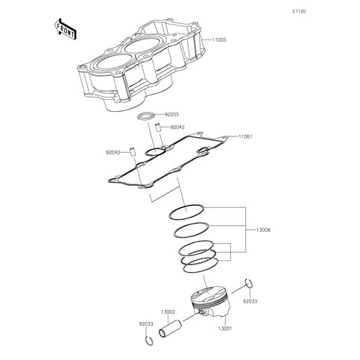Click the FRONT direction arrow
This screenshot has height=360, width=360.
[65, 29]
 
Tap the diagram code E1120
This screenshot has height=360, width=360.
[299, 11]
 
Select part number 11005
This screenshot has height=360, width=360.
[219, 40]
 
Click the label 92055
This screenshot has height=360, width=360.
[171, 115]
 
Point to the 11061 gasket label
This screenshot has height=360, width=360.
[245, 136]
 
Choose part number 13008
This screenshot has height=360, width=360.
[263, 230]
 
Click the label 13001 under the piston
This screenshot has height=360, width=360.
[225, 329]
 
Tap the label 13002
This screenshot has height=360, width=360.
[168, 312]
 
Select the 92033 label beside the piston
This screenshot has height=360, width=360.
[250, 301]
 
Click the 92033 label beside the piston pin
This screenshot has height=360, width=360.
[146, 324]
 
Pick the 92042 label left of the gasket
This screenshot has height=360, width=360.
[113, 152]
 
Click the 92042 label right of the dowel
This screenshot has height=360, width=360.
[177, 127]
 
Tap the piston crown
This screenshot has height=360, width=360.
[209, 294]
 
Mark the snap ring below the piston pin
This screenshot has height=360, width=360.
[149, 341]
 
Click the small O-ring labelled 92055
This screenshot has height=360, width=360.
[147, 116]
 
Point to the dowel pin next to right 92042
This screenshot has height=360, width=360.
[157, 127]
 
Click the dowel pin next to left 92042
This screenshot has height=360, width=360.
[133, 152]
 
